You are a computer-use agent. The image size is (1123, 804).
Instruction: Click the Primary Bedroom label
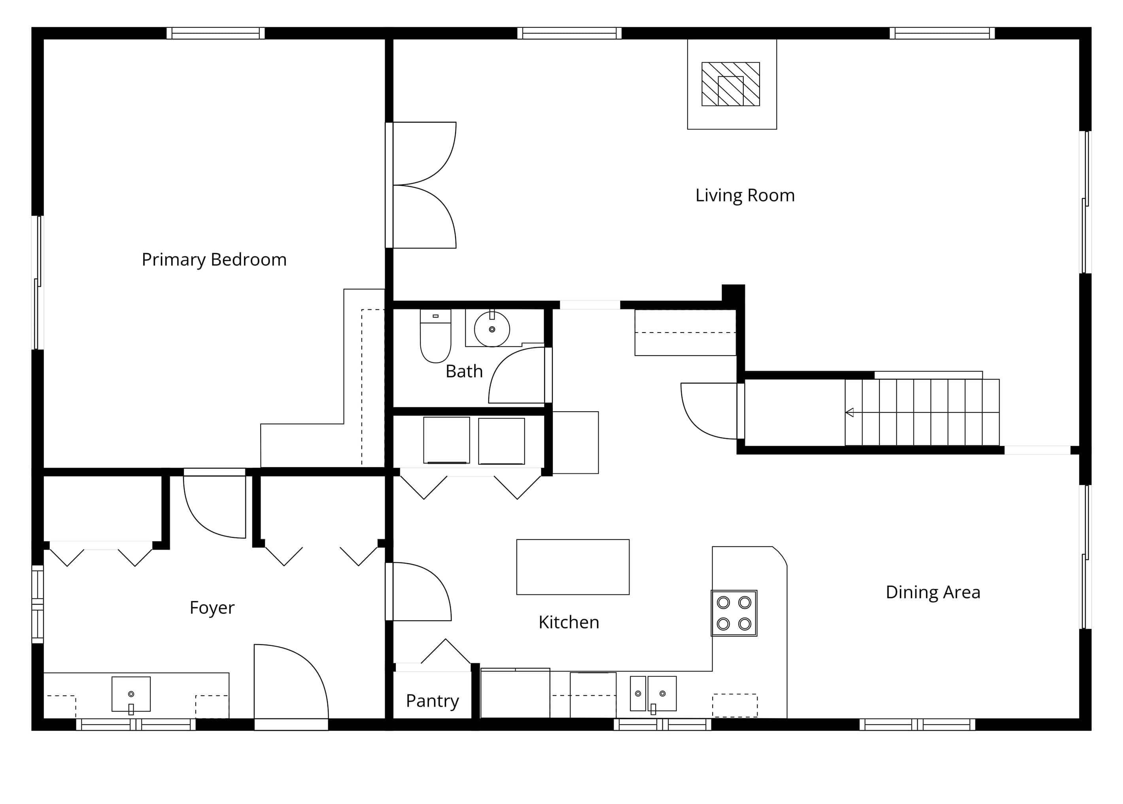(x=214, y=260)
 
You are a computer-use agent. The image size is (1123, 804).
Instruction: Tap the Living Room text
(x=745, y=195)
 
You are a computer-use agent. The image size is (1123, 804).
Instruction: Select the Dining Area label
(x=932, y=592)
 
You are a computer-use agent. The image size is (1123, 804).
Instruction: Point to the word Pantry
(x=432, y=701)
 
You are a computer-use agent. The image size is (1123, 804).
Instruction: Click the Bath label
(x=464, y=371)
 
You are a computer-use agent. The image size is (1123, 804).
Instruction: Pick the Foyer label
(x=212, y=608)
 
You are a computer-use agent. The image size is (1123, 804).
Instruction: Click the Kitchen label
(x=569, y=622)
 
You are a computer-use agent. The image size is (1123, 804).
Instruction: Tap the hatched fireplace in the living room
(x=730, y=84)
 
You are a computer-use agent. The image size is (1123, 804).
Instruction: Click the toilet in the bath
(x=435, y=336)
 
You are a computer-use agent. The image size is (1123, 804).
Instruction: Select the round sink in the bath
(x=492, y=329)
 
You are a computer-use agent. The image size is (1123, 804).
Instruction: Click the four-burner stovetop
(x=734, y=613)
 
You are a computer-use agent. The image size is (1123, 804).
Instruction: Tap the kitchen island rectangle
(x=573, y=567)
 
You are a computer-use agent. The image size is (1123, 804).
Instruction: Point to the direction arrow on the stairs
(x=850, y=412)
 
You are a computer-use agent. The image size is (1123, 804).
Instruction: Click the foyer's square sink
(x=131, y=694)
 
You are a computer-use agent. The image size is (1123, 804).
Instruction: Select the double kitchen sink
(x=653, y=694)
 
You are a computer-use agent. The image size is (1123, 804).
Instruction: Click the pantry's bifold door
(x=445, y=651)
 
